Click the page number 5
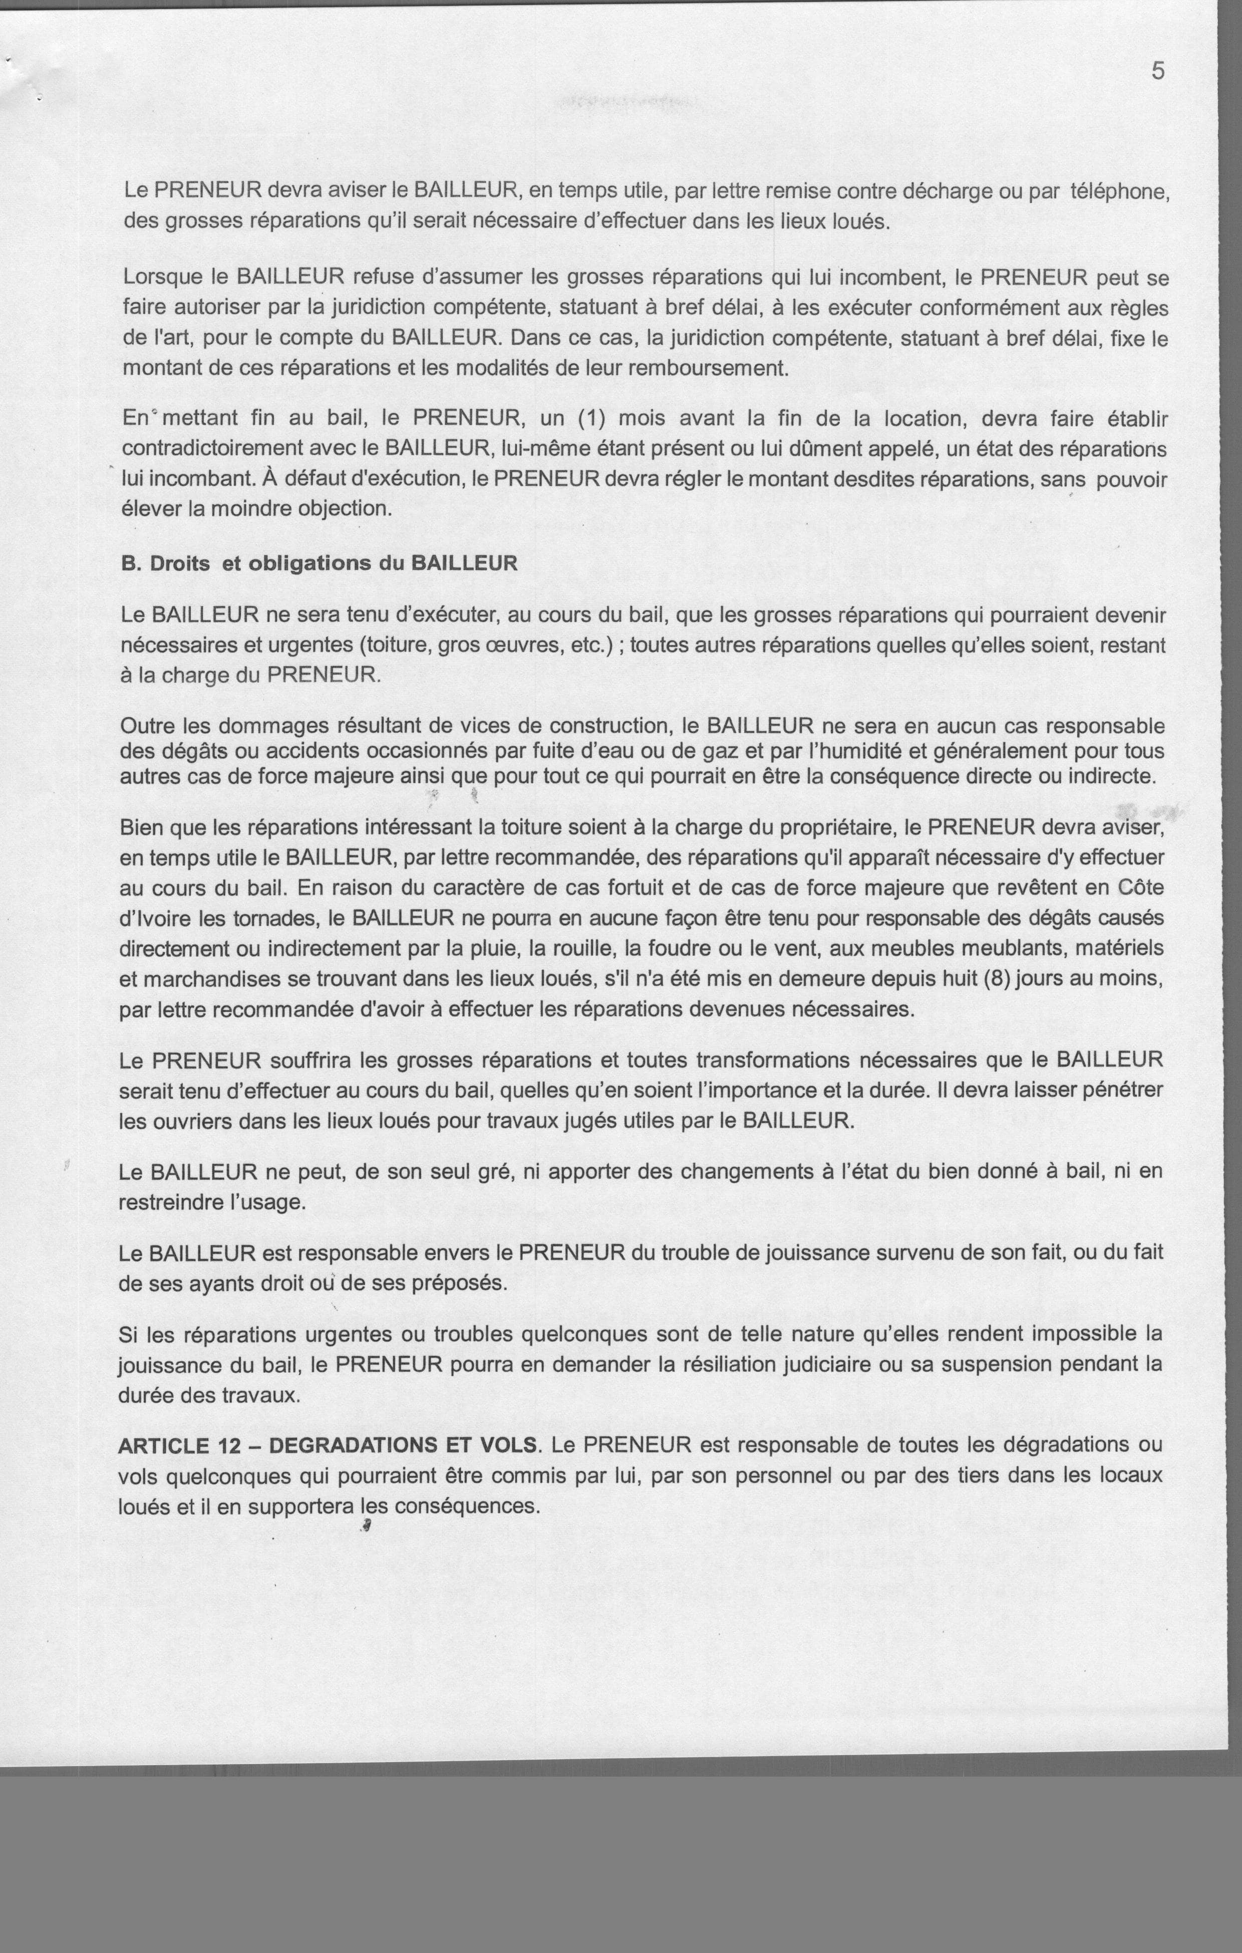tap(1158, 71)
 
